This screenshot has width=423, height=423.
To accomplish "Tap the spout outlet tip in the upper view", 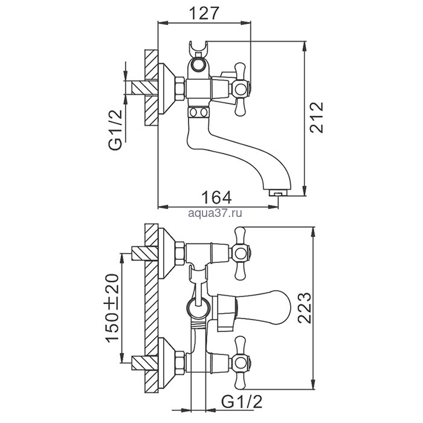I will (277, 193).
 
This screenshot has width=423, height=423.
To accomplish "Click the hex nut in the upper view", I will (179, 89).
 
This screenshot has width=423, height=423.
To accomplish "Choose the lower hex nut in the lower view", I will (179, 363).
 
